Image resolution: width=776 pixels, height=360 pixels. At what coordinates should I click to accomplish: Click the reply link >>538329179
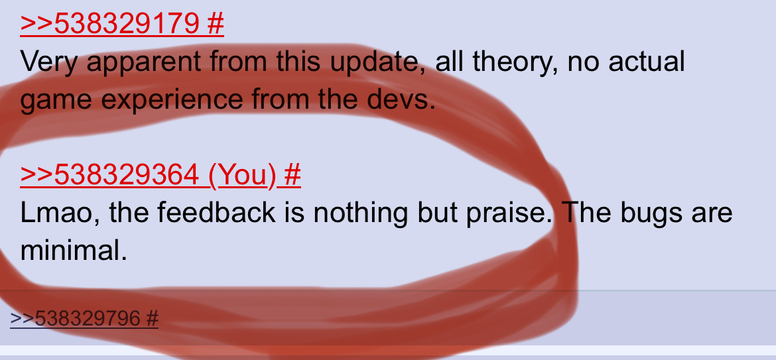(110, 23)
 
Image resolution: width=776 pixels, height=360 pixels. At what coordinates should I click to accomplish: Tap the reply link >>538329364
(110, 174)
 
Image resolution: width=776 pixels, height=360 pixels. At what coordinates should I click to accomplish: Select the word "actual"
(647, 61)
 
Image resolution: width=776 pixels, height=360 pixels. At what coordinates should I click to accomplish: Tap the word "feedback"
(216, 212)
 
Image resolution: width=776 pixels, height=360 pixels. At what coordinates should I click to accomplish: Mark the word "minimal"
(73, 251)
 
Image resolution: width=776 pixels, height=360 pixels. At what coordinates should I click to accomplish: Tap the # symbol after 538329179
(216, 23)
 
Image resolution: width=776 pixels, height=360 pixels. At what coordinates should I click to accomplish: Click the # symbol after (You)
(292, 174)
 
